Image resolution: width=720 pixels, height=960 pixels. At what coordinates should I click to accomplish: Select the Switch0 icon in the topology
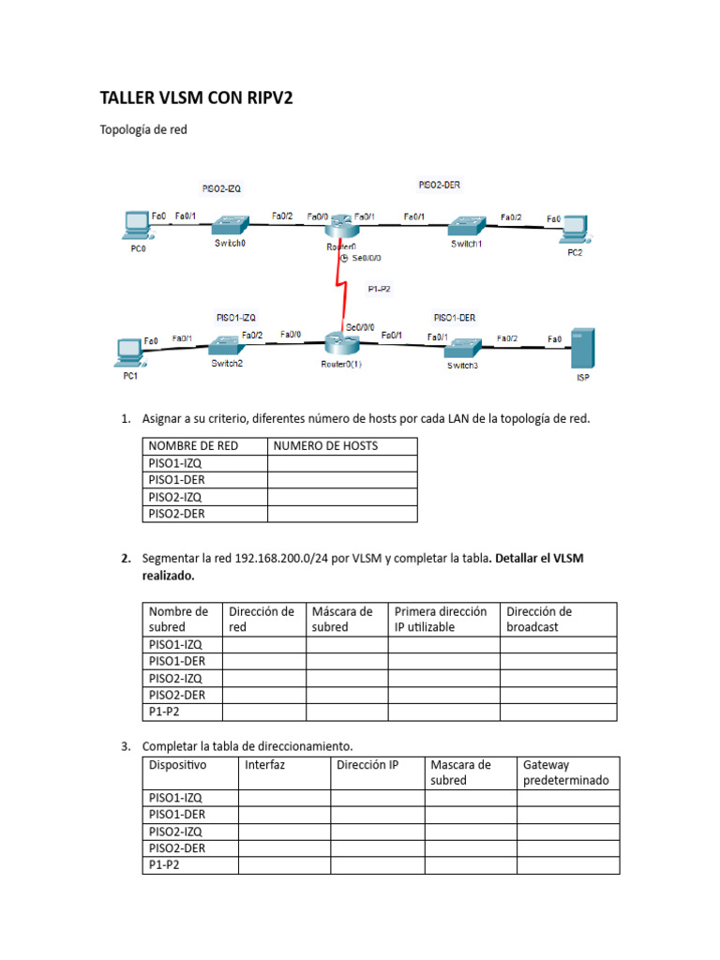click(x=229, y=225)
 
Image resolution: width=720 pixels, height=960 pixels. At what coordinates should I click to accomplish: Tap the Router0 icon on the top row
click(x=341, y=226)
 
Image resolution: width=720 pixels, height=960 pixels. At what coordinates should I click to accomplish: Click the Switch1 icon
click(x=465, y=226)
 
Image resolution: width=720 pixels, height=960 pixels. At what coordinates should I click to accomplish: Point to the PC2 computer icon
click(x=573, y=228)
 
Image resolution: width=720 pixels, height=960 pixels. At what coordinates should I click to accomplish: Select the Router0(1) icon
click(x=341, y=343)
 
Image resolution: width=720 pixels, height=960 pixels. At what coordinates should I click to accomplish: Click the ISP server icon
click(x=583, y=350)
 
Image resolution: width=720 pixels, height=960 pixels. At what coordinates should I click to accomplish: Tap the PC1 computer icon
click(x=127, y=352)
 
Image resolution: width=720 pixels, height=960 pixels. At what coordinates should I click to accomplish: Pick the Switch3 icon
click(x=461, y=346)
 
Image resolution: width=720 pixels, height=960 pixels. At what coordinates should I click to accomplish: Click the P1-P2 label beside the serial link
click(x=379, y=289)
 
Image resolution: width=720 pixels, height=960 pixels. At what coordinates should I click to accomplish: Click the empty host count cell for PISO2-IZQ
click(x=342, y=497)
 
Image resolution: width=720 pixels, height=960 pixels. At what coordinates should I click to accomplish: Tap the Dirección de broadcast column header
click(x=539, y=619)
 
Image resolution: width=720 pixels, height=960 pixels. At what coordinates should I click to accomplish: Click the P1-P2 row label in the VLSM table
click(x=164, y=712)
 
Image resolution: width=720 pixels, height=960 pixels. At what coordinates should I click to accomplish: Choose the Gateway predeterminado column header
click(x=565, y=772)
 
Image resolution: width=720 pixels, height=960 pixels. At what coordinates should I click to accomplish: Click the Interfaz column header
click(x=265, y=765)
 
